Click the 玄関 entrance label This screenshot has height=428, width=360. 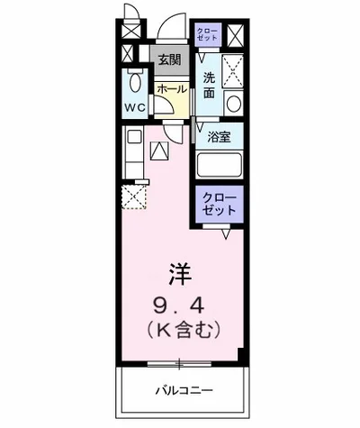click(x=170, y=61)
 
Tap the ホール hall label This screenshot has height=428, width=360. click(x=171, y=89)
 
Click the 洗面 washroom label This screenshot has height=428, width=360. click(x=209, y=84)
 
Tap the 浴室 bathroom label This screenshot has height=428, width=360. click(x=220, y=138)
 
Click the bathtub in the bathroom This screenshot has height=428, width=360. click(x=220, y=166)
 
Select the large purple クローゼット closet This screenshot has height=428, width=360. click(x=219, y=203)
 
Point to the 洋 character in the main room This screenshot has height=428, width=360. click(x=180, y=273)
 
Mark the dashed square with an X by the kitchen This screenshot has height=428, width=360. click(x=134, y=196)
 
